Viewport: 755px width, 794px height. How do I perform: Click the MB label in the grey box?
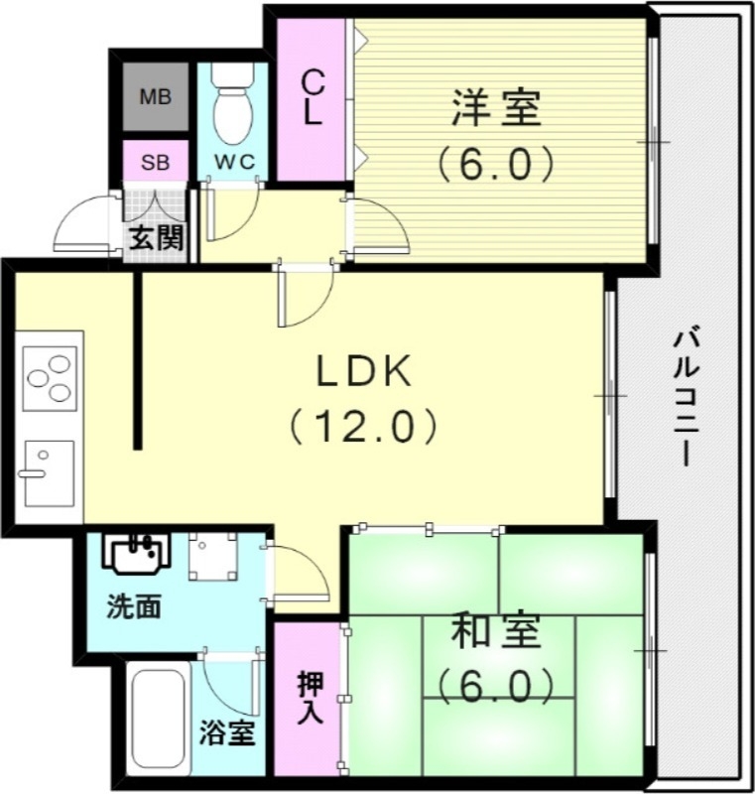pyautogui.click(x=155, y=97)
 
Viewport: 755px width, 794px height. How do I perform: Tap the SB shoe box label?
pyautogui.click(x=155, y=163)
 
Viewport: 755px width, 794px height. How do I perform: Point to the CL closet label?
pyautogui.click(x=313, y=96)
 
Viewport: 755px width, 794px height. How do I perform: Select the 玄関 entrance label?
pyautogui.click(x=155, y=239)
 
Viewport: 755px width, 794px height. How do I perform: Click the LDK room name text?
pyautogui.click(x=363, y=372)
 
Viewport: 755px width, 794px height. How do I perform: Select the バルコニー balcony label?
pyautogui.click(x=684, y=397)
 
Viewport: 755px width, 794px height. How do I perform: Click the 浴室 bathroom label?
pyautogui.click(x=227, y=733)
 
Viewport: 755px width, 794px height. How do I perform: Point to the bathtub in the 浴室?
pyautogui.click(x=159, y=718)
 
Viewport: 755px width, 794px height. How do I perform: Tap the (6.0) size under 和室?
pyautogui.click(x=495, y=684)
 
